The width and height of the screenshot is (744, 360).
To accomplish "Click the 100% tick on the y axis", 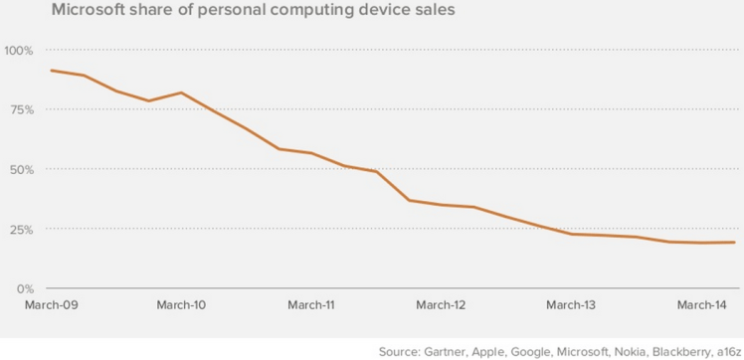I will [19, 50].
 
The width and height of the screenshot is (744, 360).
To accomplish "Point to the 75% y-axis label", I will [21, 109].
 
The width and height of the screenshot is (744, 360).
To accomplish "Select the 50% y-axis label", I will [21, 169].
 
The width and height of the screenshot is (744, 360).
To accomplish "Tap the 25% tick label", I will [21, 229].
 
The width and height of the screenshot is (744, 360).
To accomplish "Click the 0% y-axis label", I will [24, 288].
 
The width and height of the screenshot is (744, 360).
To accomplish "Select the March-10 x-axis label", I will [181, 304].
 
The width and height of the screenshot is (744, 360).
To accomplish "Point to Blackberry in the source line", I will [674, 350].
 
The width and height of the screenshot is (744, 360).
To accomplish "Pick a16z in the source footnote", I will [726, 350].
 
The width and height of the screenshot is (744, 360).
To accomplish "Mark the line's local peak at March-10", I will [181, 92].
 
